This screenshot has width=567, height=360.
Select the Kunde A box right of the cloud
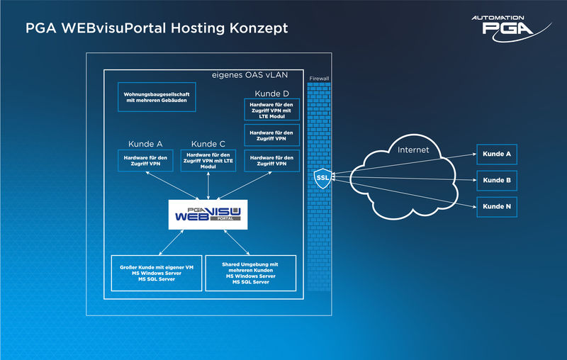[496, 154]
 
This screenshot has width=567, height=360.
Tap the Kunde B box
[496, 181]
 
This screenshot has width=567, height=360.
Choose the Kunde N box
[496, 207]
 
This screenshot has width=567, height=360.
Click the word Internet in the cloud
[414, 150]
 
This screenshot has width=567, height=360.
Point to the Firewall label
[320, 78]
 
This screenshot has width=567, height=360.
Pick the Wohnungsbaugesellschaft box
[157, 99]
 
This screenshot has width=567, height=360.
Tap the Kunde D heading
[272, 93]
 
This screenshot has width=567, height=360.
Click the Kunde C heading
[208, 144]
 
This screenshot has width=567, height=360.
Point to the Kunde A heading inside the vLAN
[145, 144]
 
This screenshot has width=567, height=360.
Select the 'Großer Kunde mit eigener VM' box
[157, 273]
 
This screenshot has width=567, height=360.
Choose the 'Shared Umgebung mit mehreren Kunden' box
[249, 273]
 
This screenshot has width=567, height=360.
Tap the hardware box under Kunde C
[208, 160]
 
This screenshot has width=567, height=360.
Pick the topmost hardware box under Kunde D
[272, 109]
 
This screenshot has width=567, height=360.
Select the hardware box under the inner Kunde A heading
[145, 160]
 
